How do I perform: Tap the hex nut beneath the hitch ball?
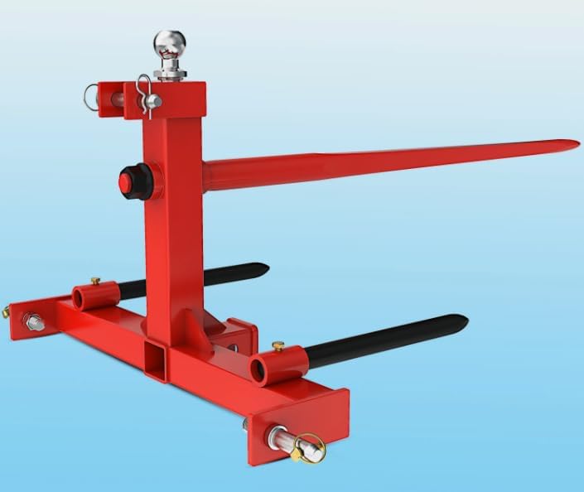170,73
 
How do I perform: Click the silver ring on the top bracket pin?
90,98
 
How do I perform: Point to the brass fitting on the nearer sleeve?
278,345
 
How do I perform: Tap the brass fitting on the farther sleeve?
95,281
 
